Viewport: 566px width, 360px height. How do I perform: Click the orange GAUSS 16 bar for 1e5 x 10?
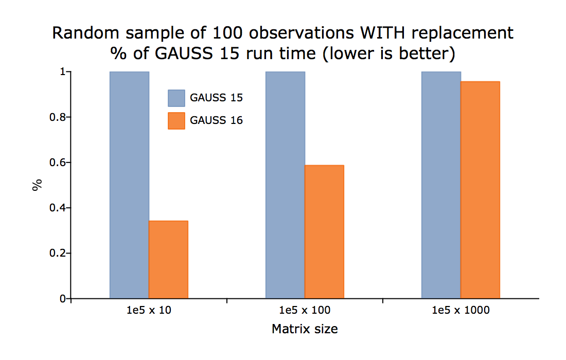[x=169, y=259]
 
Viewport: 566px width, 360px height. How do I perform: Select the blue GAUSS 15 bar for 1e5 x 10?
[x=129, y=185]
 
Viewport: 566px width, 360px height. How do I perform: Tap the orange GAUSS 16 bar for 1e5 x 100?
[x=324, y=231]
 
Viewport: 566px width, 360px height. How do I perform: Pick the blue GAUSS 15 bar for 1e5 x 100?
[x=285, y=185]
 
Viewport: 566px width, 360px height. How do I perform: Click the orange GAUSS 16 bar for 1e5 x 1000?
[x=480, y=190]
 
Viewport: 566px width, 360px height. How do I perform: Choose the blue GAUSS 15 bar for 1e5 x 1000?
[x=441, y=185]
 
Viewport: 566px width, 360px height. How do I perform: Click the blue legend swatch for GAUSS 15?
[x=176, y=98]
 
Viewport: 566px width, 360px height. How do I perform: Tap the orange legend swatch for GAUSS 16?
[x=176, y=121]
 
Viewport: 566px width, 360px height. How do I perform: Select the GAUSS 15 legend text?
[x=216, y=98]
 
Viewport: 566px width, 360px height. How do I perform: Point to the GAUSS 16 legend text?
[x=216, y=120]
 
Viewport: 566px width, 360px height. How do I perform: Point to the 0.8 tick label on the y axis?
[x=58, y=117]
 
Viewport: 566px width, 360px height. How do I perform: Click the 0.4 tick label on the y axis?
[x=58, y=208]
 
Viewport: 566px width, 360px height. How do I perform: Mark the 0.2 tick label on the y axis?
[x=58, y=253]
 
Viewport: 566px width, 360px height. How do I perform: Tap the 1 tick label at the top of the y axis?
[x=63, y=72]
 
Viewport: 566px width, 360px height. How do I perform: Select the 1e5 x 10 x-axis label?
[x=149, y=310]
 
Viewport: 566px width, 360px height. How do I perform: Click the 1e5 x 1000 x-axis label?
[x=461, y=310]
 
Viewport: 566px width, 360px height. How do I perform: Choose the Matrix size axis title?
[x=305, y=329]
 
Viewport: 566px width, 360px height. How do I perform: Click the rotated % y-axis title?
[x=37, y=185]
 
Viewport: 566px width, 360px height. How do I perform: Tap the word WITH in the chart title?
[x=383, y=33]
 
